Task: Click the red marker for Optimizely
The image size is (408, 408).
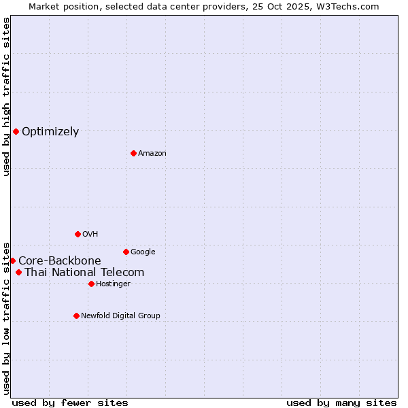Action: (16, 131)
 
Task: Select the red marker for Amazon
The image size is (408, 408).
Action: (133, 153)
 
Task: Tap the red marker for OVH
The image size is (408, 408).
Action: (78, 234)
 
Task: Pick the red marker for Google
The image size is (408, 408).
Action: (126, 252)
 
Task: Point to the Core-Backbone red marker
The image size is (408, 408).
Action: (12, 260)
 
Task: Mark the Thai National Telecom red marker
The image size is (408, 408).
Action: (18, 272)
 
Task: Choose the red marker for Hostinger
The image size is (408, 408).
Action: (91, 284)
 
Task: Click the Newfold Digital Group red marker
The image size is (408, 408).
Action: (76, 316)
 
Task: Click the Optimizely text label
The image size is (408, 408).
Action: (50, 132)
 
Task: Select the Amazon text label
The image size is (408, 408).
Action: (152, 154)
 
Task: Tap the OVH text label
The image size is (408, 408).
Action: (90, 235)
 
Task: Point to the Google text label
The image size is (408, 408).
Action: (143, 252)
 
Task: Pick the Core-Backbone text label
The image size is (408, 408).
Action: (60, 261)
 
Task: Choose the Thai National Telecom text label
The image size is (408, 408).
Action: (84, 273)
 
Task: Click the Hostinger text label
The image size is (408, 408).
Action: (113, 284)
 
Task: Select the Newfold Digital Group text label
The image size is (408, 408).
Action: (120, 316)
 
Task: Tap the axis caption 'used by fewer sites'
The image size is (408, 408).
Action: (70, 403)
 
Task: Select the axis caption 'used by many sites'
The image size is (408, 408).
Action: (341, 403)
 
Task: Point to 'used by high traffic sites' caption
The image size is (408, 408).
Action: (6, 97)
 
